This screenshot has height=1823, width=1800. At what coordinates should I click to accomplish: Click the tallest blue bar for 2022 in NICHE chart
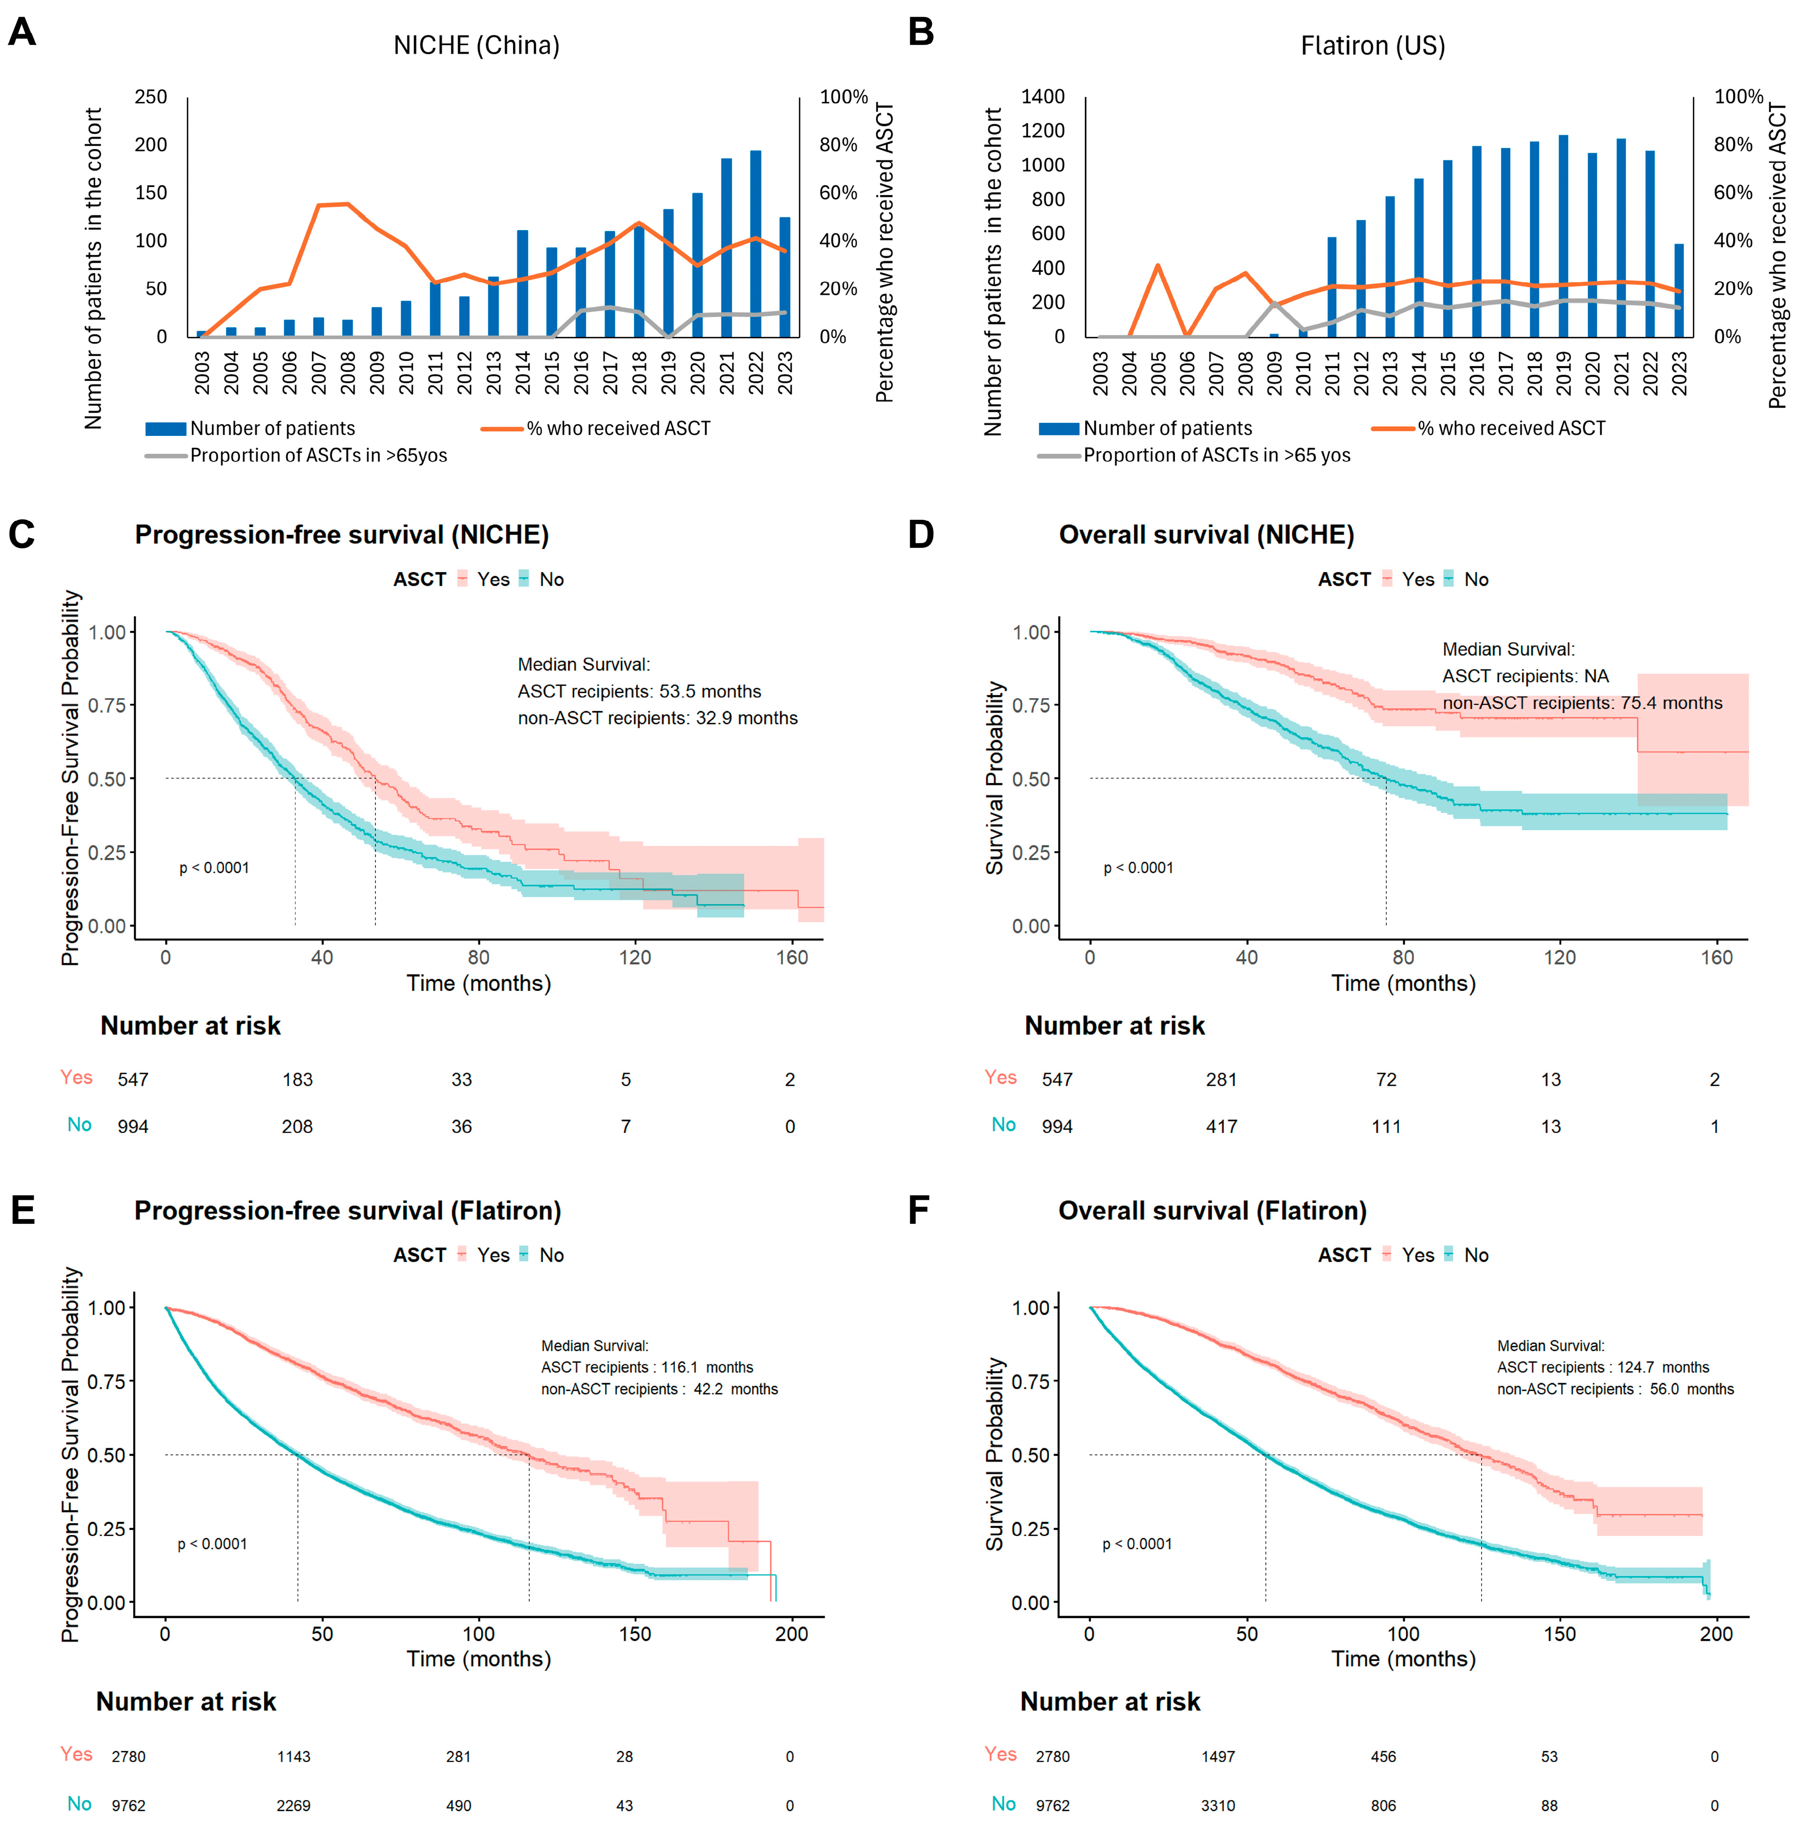(755, 243)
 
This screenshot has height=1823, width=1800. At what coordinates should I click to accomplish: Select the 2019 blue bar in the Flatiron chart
(1563, 236)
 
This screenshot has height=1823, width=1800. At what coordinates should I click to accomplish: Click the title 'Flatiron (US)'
(1372, 45)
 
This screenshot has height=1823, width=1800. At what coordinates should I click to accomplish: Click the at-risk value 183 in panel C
(298, 1080)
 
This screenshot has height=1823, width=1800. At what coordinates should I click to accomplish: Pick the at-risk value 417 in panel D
(1222, 1127)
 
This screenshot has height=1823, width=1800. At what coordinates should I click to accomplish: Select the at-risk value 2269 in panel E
(294, 1805)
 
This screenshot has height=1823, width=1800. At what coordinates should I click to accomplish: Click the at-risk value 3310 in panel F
(1218, 1805)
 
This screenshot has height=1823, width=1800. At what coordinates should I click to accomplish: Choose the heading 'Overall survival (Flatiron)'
(1212, 1211)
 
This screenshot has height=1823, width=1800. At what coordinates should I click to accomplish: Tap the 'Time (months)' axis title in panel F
(1403, 1659)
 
